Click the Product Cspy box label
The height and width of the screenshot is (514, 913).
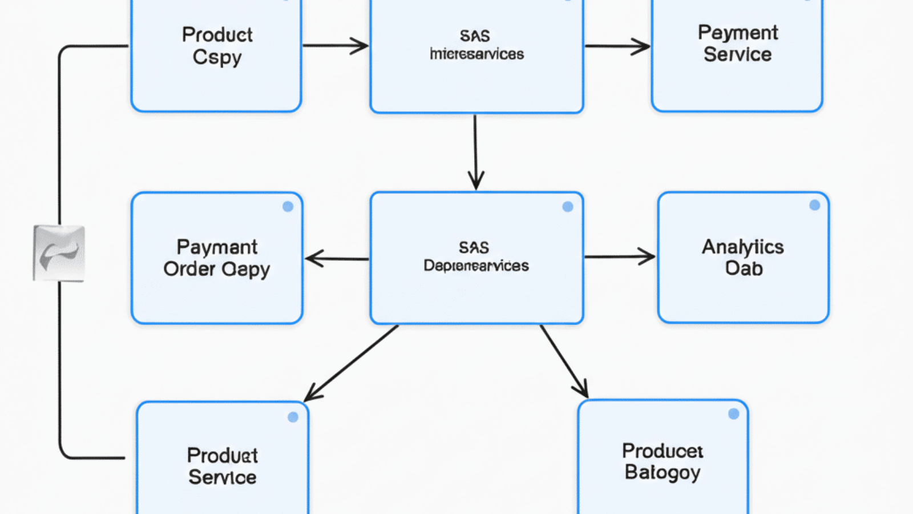(x=217, y=46)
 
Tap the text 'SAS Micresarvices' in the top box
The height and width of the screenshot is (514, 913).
(x=476, y=45)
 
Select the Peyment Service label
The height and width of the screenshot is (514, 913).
(x=737, y=43)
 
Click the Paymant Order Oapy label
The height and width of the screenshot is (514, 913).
(x=217, y=258)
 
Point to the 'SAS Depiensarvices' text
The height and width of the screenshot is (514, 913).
(x=476, y=257)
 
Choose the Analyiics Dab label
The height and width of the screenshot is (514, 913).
(x=743, y=258)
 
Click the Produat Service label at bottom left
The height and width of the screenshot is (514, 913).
(x=222, y=466)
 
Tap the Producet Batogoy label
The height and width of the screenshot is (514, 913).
(x=662, y=461)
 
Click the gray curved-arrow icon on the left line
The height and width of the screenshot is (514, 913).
(x=59, y=253)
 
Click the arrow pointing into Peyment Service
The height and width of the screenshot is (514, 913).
(x=617, y=46)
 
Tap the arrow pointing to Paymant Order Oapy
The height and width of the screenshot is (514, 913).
(x=337, y=259)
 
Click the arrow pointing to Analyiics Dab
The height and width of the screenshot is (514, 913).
(x=620, y=257)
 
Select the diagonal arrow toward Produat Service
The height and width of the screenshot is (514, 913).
(x=351, y=363)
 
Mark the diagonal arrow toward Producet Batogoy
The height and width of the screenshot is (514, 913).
(x=564, y=362)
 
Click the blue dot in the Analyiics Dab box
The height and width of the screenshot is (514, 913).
(x=814, y=205)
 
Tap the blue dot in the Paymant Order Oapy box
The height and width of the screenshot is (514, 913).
(x=288, y=207)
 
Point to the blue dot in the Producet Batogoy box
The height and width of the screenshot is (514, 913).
(x=733, y=414)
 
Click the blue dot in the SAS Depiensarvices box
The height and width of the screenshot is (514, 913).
(x=567, y=207)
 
